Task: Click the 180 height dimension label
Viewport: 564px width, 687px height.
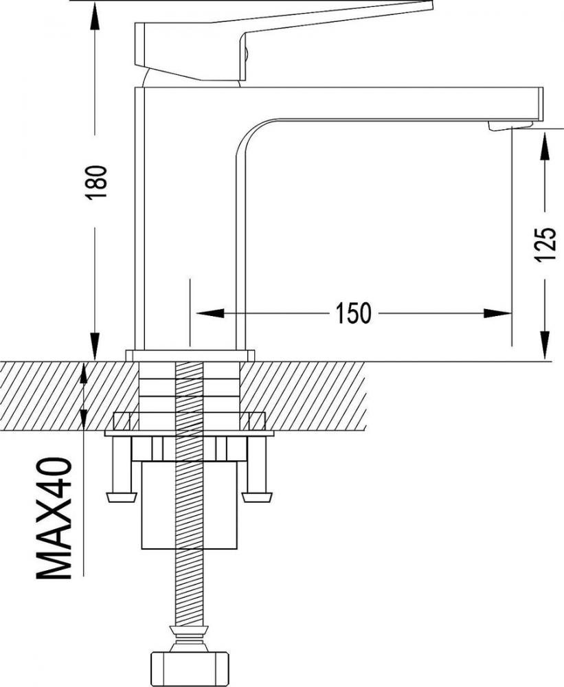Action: [x=95, y=182]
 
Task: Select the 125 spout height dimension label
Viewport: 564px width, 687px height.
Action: [x=545, y=245]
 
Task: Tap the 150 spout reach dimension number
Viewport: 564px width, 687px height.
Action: [x=353, y=313]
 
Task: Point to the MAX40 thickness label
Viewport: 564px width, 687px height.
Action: [x=53, y=519]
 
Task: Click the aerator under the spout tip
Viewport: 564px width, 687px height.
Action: [x=510, y=126]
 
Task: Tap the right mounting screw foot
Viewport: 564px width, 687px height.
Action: [x=257, y=497]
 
